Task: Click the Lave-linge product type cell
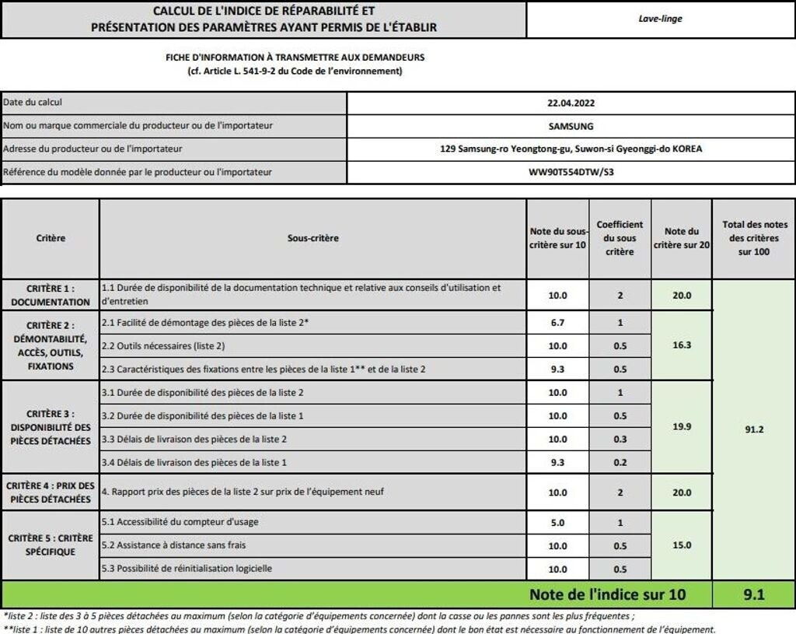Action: pos(660,19)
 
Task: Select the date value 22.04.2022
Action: pos(571,103)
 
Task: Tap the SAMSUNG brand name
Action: pos(571,126)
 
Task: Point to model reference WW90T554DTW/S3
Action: pos(571,173)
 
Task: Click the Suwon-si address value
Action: pos(571,149)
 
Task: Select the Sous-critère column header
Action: pos(312,238)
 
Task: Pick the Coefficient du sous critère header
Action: pos(620,238)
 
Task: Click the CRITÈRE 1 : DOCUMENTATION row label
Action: pos(51,295)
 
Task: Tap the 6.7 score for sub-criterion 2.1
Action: pos(557,322)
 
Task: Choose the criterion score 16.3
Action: pos(681,345)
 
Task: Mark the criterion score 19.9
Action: pos(681,426)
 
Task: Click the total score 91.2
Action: pos(755,429)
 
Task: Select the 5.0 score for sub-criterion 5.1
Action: pos(557,523)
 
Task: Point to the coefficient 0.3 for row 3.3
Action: pos(620,439)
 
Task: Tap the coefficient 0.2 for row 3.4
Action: pos(620,463)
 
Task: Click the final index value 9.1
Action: pos(754,595)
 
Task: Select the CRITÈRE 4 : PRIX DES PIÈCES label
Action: pos(51,492)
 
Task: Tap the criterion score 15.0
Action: pos(681,545)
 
